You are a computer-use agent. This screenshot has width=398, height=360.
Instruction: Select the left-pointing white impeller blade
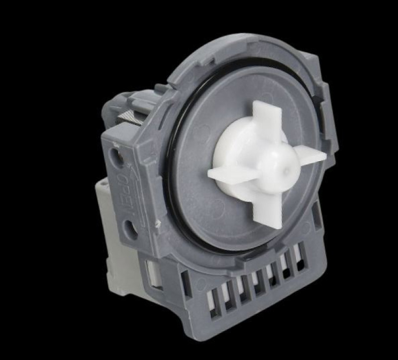[x=226, y=175]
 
